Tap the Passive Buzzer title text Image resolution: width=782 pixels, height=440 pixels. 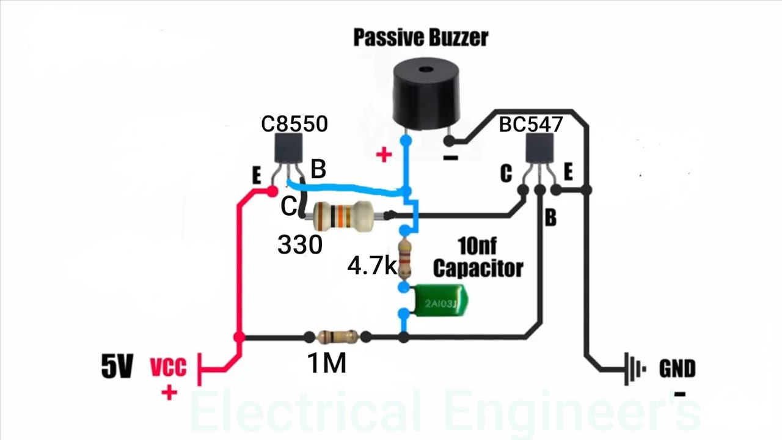(x=421, y=37)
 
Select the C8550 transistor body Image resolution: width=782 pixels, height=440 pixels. (x=288, y=147)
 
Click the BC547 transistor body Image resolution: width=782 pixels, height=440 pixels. (x=541, y=148)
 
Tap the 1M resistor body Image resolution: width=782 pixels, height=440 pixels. (x=337, y=336)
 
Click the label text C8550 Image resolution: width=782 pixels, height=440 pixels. (x=294, y=124)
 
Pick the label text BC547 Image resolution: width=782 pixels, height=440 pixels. (x=530, y=125)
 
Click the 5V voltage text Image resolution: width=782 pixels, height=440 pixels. (x=117, y=367)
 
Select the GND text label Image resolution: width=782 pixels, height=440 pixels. (x=677, y=369)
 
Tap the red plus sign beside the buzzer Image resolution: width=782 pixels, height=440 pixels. (x=384, y=155)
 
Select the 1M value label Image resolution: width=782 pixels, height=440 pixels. (x=327, y=364)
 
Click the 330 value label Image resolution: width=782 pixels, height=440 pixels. (x=299, y=245)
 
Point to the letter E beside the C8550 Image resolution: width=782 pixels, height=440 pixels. (x=256, y=176)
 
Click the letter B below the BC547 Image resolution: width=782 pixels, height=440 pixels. (x=550, y=218)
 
